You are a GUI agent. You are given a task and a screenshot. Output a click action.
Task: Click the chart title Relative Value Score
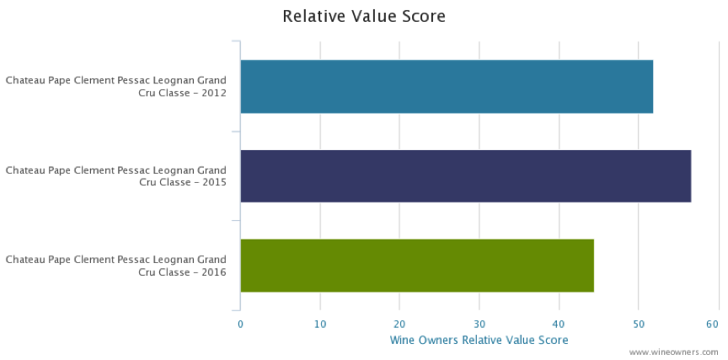(x=364, y=16)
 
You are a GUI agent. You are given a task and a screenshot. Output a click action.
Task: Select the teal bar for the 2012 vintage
(x=446, y=87)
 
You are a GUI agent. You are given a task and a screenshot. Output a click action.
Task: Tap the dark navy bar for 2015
(x=465, y=176)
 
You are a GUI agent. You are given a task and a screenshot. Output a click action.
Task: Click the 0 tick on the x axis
(x=240, y=324)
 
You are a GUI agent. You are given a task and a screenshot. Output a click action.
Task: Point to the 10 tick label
(x=320, y=324)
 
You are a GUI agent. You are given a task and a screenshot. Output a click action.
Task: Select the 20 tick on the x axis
(x=399, y=324)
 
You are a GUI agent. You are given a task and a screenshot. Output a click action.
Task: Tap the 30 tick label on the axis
(x=479, y=324)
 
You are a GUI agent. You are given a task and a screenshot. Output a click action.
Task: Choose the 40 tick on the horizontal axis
(x=559, y=324)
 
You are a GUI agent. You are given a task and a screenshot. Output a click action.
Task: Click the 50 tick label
(x=638, y=324)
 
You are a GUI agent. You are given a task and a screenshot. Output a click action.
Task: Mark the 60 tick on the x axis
(x=713, y=324)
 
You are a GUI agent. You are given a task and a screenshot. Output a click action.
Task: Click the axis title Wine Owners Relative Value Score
(x=479, y=340)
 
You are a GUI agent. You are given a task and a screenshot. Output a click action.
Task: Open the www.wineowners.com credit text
(x=673, y=352)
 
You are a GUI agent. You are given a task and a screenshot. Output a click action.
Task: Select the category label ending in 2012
(x=116, y=87)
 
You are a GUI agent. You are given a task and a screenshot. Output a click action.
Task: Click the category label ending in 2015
(x=116, y=176)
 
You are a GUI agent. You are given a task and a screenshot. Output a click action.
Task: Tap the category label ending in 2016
(x=116, y=266)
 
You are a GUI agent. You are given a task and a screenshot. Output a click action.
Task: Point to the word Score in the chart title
(x=425, y=16)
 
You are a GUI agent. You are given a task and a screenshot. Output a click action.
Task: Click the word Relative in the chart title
(x=314, y=16)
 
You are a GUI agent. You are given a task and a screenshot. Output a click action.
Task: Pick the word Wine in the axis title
(x=402, y=340)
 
